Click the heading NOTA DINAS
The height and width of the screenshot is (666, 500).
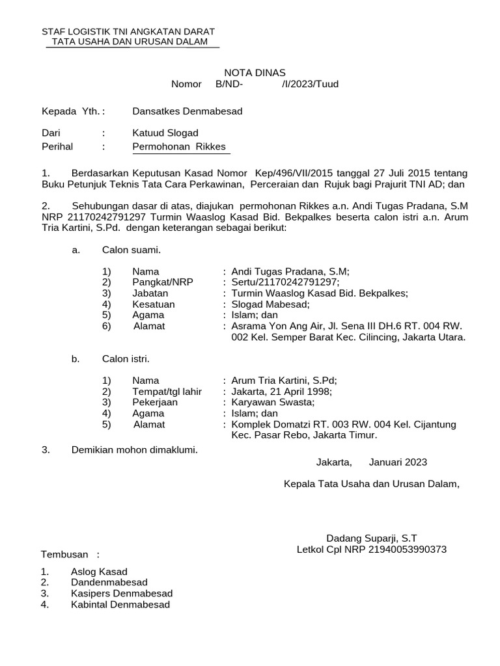(x=255, y=72)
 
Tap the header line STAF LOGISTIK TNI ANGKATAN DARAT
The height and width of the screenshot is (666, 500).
(x=128, y=31)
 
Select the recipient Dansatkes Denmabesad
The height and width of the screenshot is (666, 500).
(x=187, y=111)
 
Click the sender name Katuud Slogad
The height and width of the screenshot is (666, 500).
(x=165, y=133)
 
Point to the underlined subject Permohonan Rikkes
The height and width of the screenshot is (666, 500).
(x=179, y=146)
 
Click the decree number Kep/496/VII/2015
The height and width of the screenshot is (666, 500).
(x=294, y=174)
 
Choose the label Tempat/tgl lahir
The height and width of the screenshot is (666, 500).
(x=167, y=391)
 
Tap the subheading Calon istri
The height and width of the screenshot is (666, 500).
(x=126, y=358)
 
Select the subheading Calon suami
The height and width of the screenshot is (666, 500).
(x=132, y=249)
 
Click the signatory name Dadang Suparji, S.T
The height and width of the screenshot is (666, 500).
(x=371, y=538)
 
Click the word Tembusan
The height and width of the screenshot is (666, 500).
(x=64, y=554)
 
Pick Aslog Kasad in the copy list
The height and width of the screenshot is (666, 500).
(x=99, y=571)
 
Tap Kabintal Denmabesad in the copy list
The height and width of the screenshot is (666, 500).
(x=120, y=604)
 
